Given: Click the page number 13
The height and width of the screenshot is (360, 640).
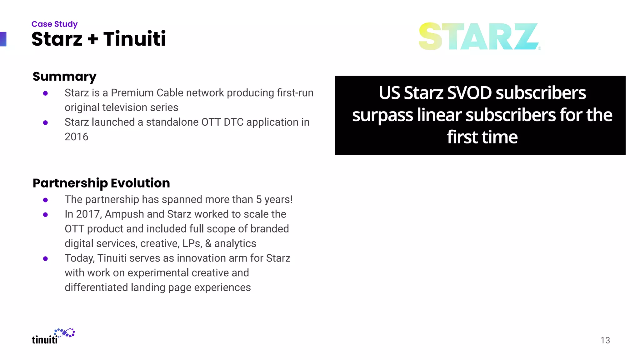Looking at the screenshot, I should pyautogui.click(x=605, y=340).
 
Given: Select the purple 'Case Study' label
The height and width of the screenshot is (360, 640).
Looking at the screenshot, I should pyautogui.click(x=54, y=24).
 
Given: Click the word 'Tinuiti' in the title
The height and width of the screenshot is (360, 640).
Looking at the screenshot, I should pyautogui.click(x=134, y=39).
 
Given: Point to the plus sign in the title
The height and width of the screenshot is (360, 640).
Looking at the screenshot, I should pyautogui.click(x=92, y=39).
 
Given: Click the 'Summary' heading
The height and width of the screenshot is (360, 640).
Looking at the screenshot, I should pyautogui.click(x=64, y=77).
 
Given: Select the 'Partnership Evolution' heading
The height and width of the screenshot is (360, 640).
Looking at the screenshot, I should pyautogui.click(x=101, y=183).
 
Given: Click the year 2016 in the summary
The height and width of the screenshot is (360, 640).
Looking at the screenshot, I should pyautogui.click(x=77, y=137).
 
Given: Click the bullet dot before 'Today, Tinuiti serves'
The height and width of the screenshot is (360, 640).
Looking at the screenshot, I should pyautogui.click(x=46, y=259).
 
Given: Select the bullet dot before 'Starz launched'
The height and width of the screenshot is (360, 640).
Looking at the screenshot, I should pyautogui.click(x=46, y=123).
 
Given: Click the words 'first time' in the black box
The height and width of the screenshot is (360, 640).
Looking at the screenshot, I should pyautogui.click(x=482, y=137).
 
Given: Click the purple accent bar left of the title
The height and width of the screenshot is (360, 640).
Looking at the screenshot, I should pyautogui.click(x=3, y=39).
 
